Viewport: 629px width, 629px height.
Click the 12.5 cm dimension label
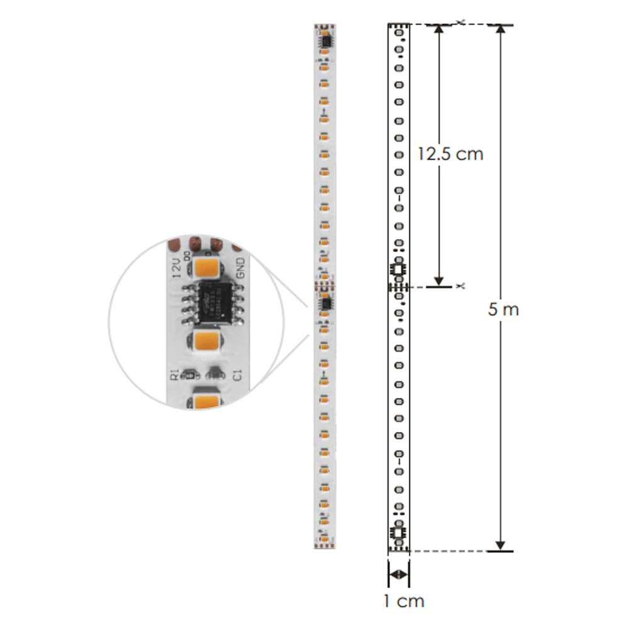pyautogui.click(x=450, y=154)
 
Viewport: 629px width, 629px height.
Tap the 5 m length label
pyautogui.click(x=503, y=309)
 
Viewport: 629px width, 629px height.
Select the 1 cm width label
pyautogui.click(x=404, y=601)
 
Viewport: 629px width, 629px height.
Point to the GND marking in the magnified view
pyautogui.click(x=240, y=269)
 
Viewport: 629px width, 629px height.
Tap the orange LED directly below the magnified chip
pyautogui.click(x=206, y=342)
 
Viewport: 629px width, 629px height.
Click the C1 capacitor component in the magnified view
pyautogui.click(x=215, y=376)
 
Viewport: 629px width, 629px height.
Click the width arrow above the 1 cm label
pyautogui.click(x=398, y=574)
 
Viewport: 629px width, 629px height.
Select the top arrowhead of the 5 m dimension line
pyautogui.click(x=501, y=30)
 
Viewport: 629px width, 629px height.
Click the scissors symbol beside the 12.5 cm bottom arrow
pyautogui.click(x=461, y=286)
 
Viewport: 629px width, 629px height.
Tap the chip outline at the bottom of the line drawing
pyautogui.click(x=398, y=534)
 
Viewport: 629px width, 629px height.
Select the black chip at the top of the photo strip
pyautogui.click(x=325, y=40)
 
